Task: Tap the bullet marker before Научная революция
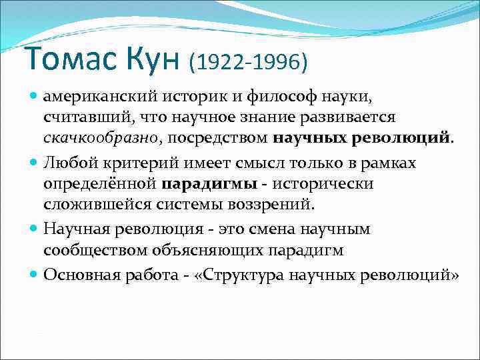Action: point(34,229)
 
